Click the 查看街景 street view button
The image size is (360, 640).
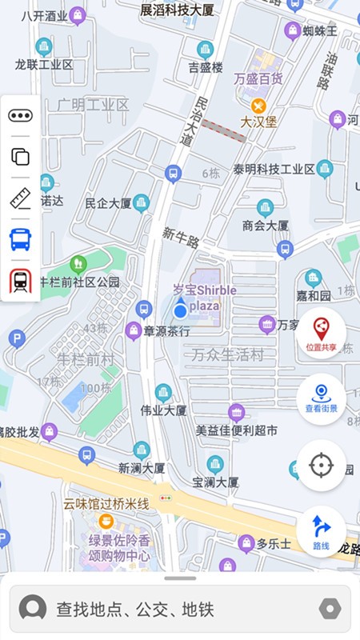[321, 398]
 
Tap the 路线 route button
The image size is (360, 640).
[321, 531]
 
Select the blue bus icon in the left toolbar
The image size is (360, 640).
[20, 239]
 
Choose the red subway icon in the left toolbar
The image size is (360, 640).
[20, 281]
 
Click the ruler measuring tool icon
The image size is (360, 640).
[20, 198]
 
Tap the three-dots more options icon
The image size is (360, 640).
[20, 116]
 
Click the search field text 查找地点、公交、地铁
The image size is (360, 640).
[134, 610]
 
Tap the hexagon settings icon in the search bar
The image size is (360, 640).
[330, 610]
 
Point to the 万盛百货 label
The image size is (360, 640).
[258, 78]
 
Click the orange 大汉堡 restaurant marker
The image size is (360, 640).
[258, 106]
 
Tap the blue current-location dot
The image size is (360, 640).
[181, 310]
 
